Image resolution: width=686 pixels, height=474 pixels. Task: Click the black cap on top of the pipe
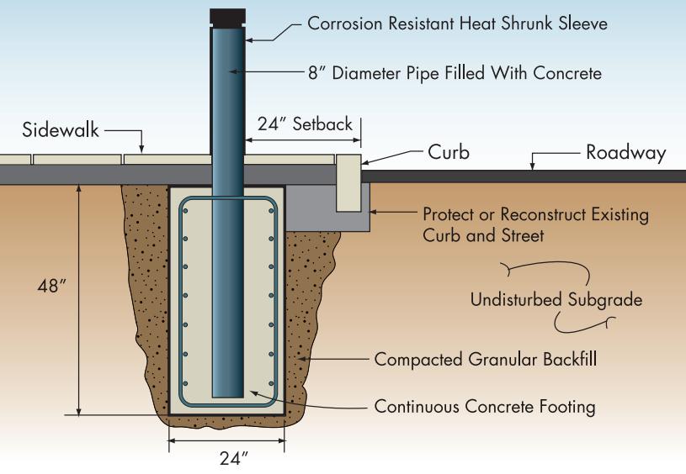pyautogui.click(x=227, y=17)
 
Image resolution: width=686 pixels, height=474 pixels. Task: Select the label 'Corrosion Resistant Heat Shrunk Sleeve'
pyautogui.click(x=457, y=24)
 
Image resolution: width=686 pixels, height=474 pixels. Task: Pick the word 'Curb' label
pyautogui.click(x=446, y=153)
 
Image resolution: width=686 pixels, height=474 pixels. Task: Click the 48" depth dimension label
pyautogui.click(x=51, y=286)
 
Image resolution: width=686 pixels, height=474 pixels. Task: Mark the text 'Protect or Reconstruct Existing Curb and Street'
pyautogui.click(x=535, y=224)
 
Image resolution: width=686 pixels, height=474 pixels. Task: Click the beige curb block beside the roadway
pyautogui.click(x=349, y=182)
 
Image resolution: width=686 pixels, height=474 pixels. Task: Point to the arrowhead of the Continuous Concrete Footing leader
pyautogui.click(x=250, y=390)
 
